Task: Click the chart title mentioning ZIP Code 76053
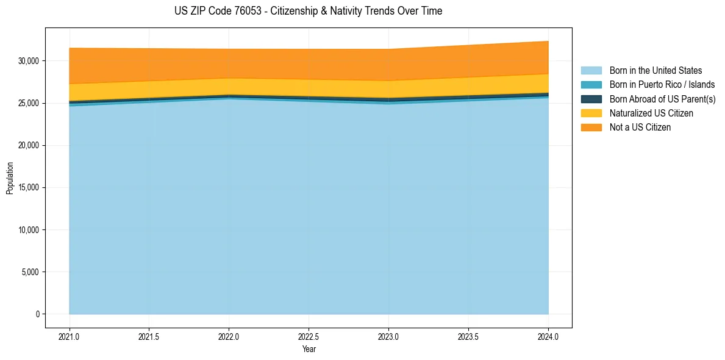[x=308, y=11]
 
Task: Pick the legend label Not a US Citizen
[x=640, y=128]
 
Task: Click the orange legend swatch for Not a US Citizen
[x=591, y=128]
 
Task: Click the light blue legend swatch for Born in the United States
[x=591, y=71]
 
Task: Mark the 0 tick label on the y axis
[x=37, y=314]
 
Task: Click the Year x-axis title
[x=309, y=349]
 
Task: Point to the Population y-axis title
[x=10, y=178]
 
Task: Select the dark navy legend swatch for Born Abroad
[x=591, y=99]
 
